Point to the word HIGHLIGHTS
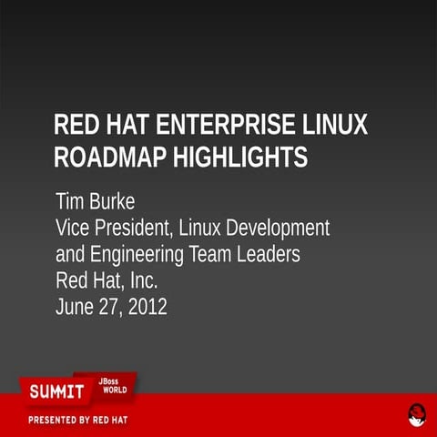tap(245, 158)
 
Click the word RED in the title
tap(76, 126)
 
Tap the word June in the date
tap(76, 307)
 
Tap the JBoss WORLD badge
tap(113, 387)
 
